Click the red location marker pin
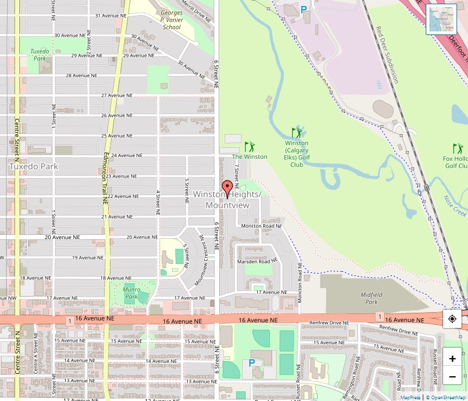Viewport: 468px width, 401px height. coord(227,188)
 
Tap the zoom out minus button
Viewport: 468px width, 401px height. coord(452,377)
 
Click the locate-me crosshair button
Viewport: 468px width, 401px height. coord(452,318)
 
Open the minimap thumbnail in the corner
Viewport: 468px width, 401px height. coord(441,19)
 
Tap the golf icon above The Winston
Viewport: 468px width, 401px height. coord(249,147)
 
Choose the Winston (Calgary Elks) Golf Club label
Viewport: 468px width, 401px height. coord(297,154)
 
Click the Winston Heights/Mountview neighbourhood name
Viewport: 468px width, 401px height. coord(227,200)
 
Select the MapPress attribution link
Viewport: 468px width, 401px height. coord(411,397)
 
